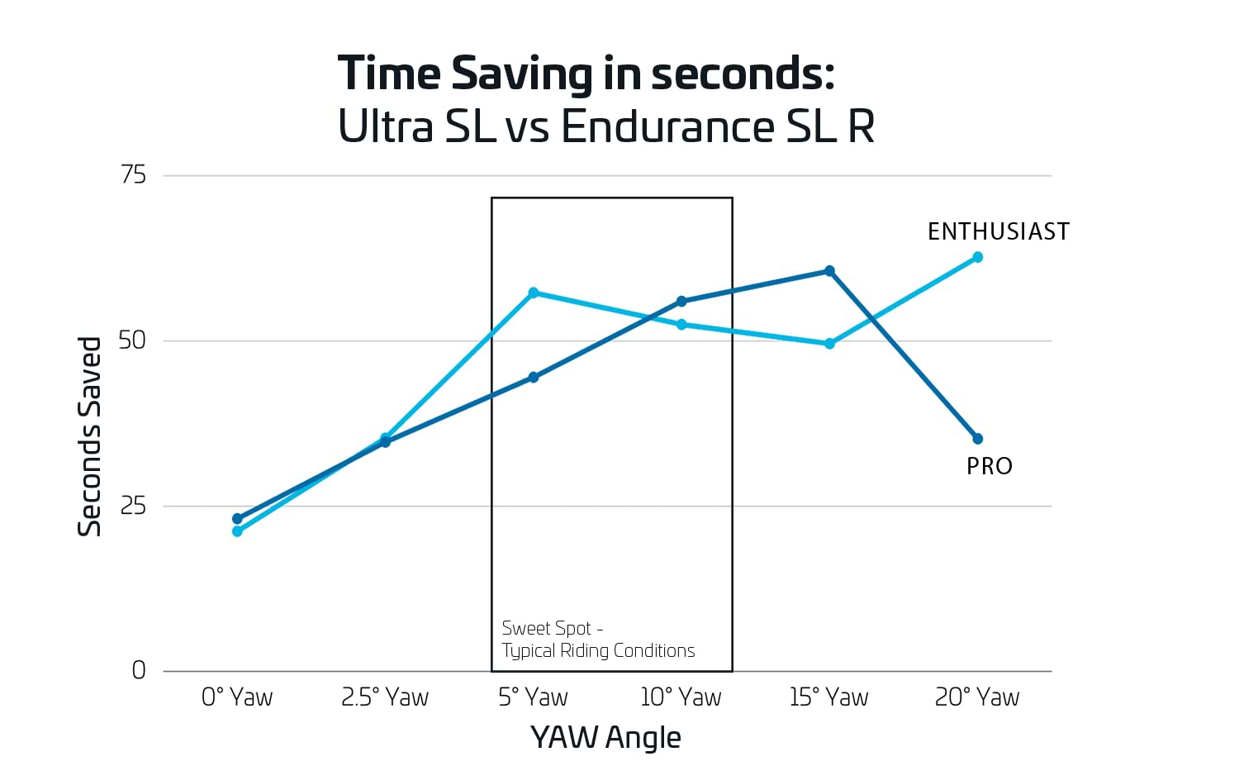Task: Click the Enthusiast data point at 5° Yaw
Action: [533, 293]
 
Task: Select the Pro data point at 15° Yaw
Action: [829, 271]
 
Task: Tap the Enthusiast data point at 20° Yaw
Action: [977, 257]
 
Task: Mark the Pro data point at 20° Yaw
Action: [977, 439]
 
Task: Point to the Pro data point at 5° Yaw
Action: [533, 378]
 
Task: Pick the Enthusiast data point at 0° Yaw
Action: [237, 531]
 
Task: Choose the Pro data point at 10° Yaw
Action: [681, 302]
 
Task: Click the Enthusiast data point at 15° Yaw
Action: [829, 344]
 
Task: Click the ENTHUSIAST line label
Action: [998, 231]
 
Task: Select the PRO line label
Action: [989, 467]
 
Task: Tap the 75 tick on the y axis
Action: [133, 175]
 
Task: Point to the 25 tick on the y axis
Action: [133, 506]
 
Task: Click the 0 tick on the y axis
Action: [139, 670]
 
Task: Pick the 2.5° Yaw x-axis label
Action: [385, 697]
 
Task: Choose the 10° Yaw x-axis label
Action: [681, 697]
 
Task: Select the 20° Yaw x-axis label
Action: [977, 697]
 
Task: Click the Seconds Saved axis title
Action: [89, 436]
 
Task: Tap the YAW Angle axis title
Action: [605, 737]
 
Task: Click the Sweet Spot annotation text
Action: [598, 640]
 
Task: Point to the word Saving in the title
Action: [522, 74]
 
